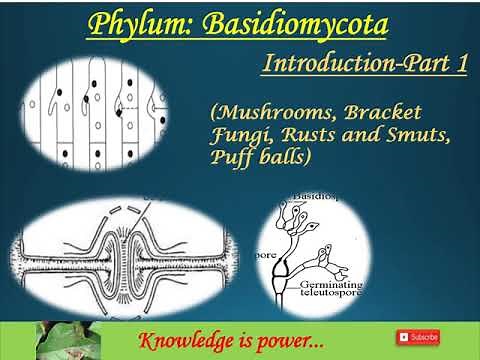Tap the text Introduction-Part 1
click(364, 63)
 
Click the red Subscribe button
click(417, 337)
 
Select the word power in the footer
click(284, 338)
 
